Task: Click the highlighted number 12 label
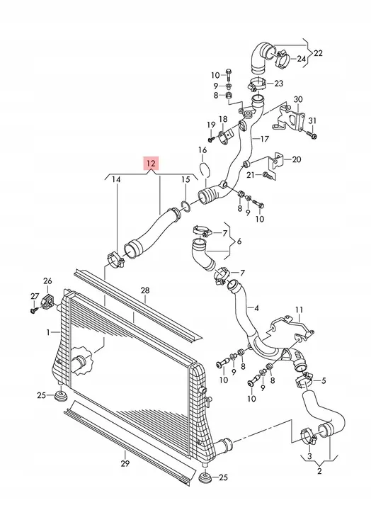click(152, 164)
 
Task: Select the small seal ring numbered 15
click(185, 206)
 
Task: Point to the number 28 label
click(145, 290)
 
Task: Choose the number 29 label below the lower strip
click(125, 463)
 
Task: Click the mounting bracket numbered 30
click(290, 120)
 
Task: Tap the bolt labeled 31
click(312, 135)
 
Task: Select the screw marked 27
click(33, 310)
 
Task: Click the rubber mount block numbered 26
click(47, 301)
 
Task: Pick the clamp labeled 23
click(257, 84)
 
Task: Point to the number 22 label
click(318, 53)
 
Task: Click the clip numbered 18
click(224, 137)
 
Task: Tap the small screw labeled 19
click(212, 140)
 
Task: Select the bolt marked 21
click(269, 176)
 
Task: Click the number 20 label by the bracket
click(297, 159)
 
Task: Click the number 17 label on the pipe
click(265, 139)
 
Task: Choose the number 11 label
click(299, 310)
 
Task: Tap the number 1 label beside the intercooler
click(48, 332)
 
